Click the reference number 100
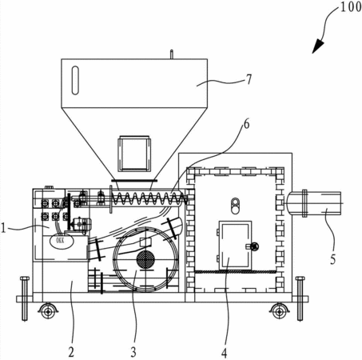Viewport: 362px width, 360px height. tap(351, 7)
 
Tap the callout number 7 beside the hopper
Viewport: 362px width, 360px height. tap(249, 79)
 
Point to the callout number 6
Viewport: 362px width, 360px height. tap(247, 124)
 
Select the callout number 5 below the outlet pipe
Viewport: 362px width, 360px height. tap(333, 259)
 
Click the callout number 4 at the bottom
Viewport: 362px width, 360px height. tap(224, 354)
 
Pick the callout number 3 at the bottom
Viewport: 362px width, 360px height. tap(133, 352)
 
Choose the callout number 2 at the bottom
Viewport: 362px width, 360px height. tap(71, 352)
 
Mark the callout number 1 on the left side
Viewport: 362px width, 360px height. tap(3, 229)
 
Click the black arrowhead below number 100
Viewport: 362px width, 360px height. tap(318, 46)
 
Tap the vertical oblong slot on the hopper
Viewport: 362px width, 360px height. tap(75, 80)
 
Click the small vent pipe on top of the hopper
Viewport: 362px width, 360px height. tap(172, 54)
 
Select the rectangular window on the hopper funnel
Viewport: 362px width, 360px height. tap(134, 154)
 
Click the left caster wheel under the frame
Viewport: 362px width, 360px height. tap(48, 311)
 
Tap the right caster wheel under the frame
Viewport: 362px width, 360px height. tap(279, 311)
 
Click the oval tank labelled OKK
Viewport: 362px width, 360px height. tap(62, 241)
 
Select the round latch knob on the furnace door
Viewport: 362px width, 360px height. tap(255, 246)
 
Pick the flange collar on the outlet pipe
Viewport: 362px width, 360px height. tap(304, 203)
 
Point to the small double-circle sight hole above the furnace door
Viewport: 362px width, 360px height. tap(235, 206)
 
